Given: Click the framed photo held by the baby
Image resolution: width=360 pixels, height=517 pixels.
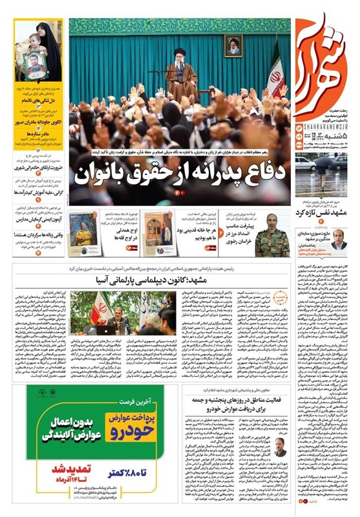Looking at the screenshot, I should (34, 65).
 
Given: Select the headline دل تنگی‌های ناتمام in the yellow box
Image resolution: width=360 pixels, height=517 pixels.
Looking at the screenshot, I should (40, 102).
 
